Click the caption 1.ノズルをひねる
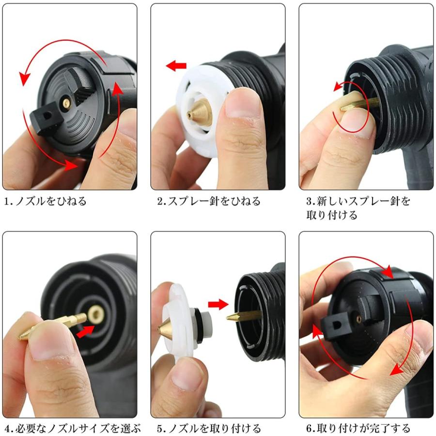coord(46,201)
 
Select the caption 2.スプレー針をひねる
coord(209,201)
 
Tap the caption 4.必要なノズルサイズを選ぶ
coord(73,429)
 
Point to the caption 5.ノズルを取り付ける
coord(209,429)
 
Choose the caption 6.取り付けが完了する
coord(358,429)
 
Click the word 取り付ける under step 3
coord(332,215)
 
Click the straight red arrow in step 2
coord(176,66)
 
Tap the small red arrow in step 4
coord(86,331)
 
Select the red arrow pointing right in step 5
coord(218,304)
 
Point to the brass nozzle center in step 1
coord(66,103)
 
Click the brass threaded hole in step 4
coord(96,314)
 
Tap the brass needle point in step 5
coord(227,317)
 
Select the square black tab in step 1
coord(46,118)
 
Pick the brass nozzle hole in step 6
coord(358,319)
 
